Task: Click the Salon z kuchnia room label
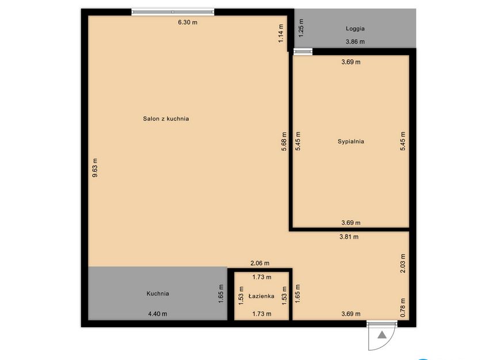(166, 119)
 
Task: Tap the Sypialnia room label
(351, 141)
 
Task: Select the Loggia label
(355, 28)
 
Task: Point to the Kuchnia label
(158, 293)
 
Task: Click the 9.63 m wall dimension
(96, 168)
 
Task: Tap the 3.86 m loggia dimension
(355, 41)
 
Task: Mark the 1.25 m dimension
(301, 28)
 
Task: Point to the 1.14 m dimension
(281, 33)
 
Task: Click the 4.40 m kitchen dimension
(157, 314)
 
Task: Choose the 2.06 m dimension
(260, 263)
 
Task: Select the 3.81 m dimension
(349, 236)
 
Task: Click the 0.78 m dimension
(403, 306)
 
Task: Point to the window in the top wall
(173, 12)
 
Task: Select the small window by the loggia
(303, 52)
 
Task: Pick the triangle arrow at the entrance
(382, 334)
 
